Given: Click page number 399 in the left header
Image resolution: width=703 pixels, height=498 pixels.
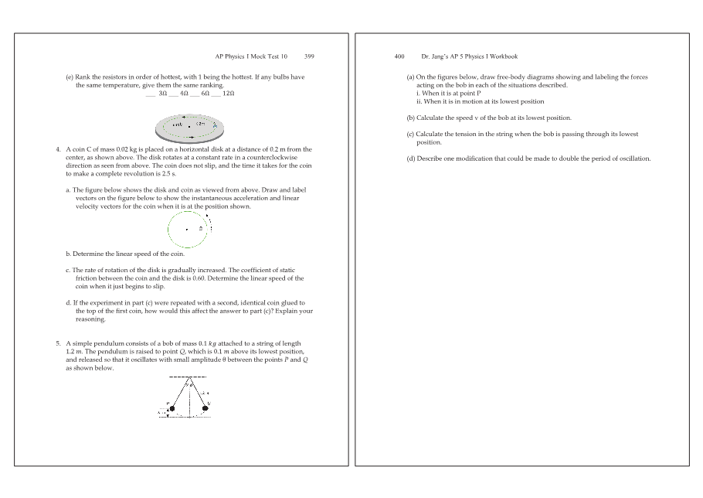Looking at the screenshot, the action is [x=309, y=56].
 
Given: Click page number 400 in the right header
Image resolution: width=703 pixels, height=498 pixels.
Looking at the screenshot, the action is [x=399, y=56].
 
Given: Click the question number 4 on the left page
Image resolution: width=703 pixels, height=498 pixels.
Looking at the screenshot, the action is [x=58, y=148].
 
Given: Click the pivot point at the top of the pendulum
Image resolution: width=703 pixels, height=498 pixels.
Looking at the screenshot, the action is [x=188, y=377].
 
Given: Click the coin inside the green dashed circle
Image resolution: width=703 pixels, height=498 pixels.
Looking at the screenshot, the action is [x=201, y=230].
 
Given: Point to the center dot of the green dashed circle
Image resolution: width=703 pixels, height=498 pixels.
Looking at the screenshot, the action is [x=187, y=230].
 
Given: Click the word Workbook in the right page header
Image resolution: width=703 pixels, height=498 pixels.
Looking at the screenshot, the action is [x=503, y=56].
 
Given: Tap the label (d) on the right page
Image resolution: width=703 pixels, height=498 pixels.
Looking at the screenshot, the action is [x=411, y=159].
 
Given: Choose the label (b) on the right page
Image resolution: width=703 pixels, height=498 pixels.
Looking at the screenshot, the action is [x=411, y=118].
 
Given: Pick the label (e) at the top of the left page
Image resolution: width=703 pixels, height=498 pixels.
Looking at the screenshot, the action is [x=70, y=77].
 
